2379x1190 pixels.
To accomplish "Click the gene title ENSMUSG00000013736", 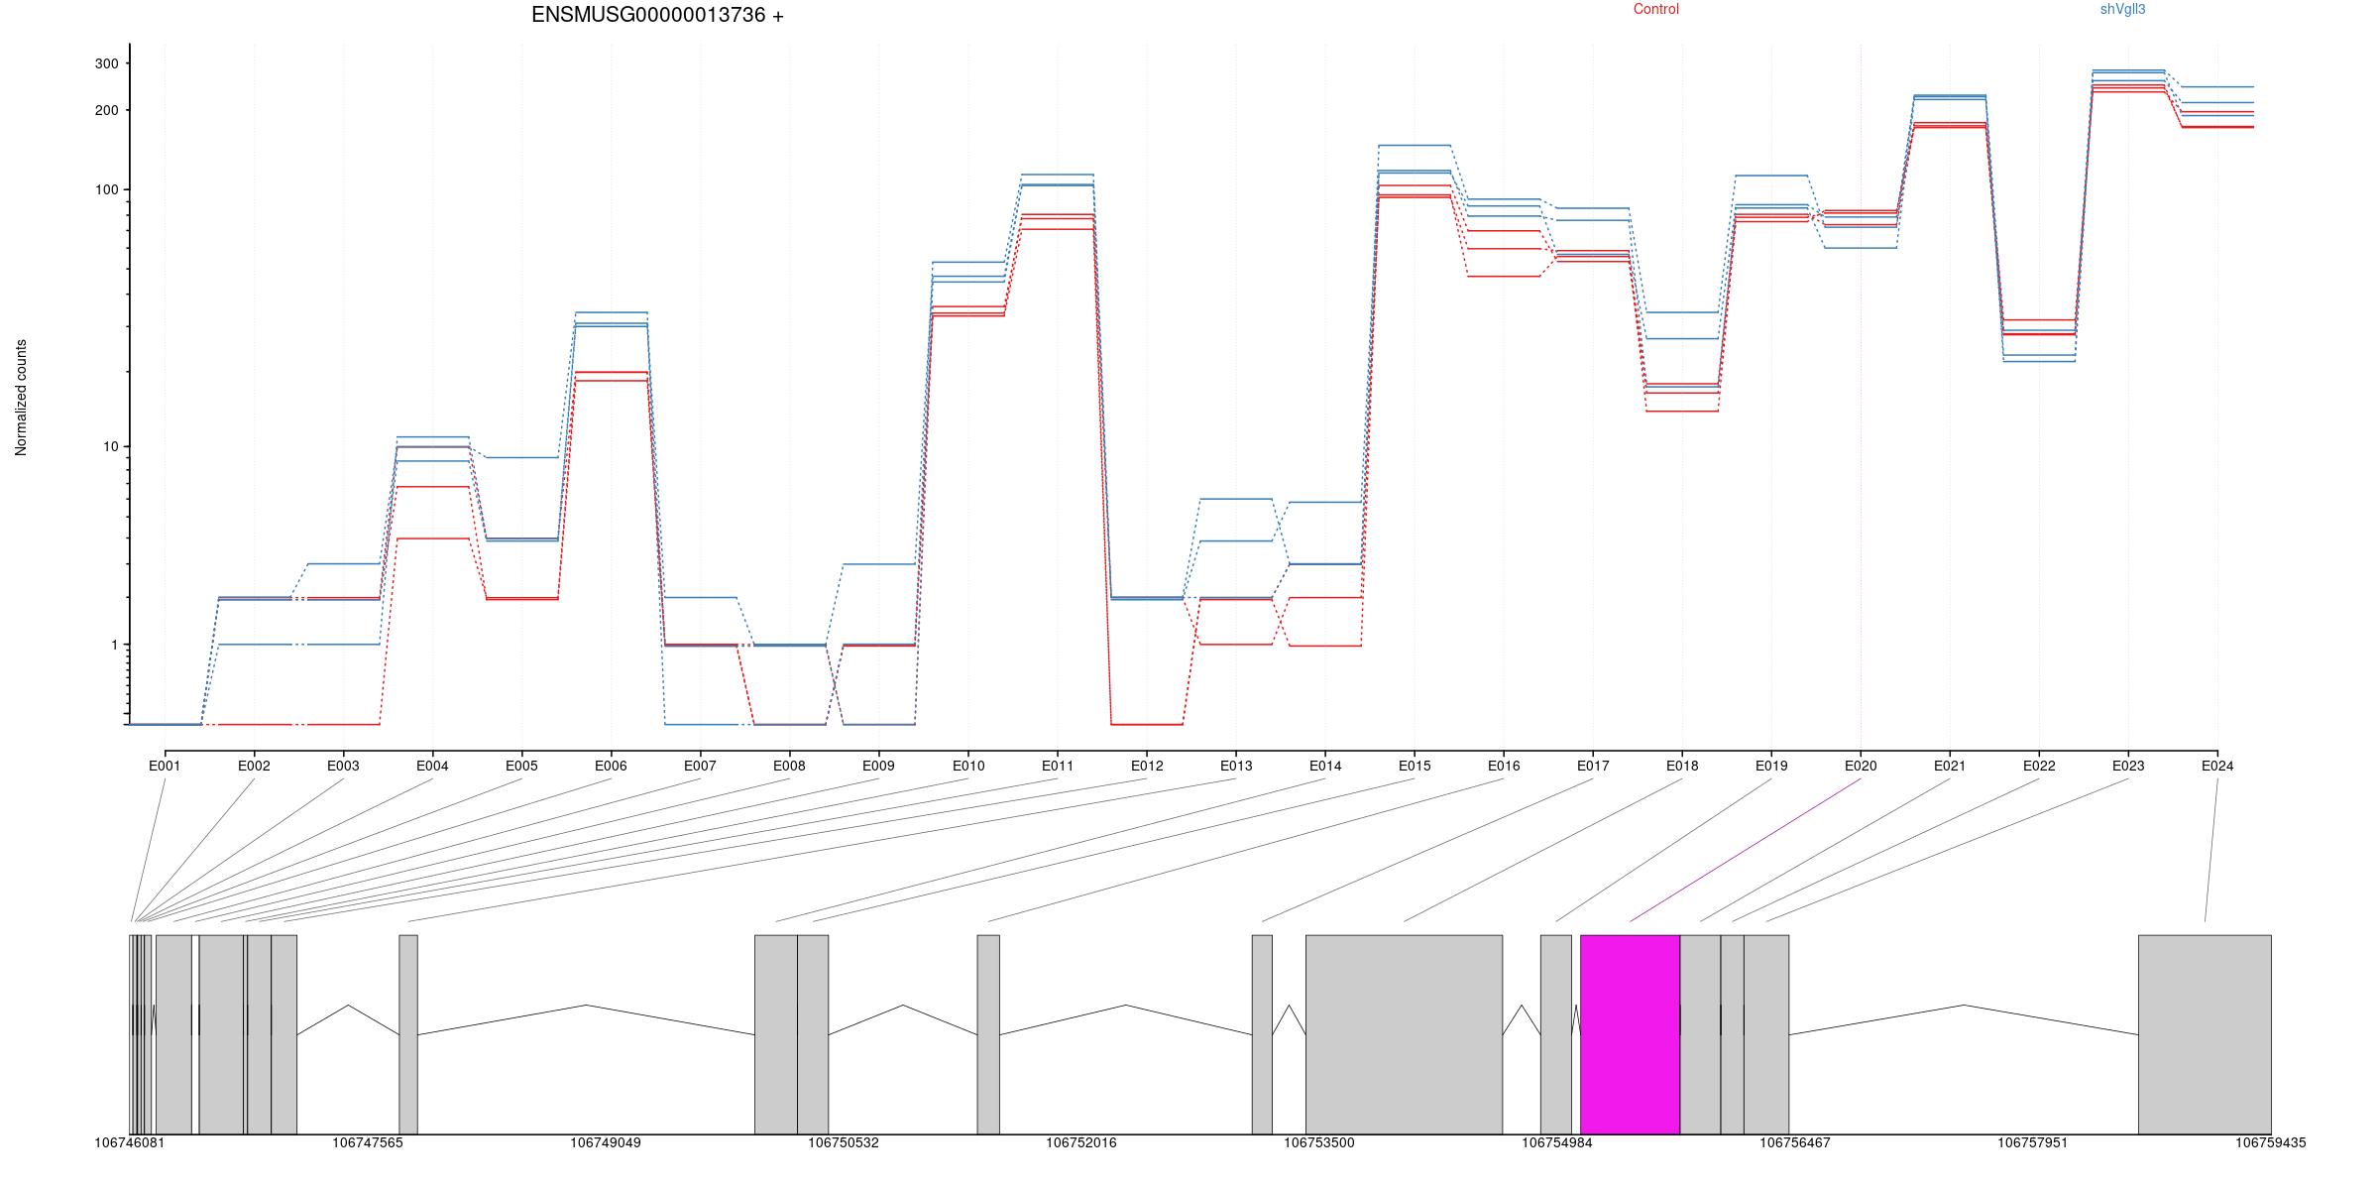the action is coord(648,15).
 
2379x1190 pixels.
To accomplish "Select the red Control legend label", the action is coord(1656,9).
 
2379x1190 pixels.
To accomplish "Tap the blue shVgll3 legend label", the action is coord(2122,9).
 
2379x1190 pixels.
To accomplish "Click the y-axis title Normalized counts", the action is coord(21,398).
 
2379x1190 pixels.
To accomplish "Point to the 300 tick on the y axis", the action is coord(106,63).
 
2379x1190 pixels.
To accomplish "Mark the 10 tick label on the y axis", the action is coord(110,446).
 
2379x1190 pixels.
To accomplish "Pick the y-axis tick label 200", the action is coord(106,110).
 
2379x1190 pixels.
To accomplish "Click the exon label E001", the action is coord(165,766).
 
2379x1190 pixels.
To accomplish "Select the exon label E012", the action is coord(1147,766).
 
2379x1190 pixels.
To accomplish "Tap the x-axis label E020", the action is coord(1861,766).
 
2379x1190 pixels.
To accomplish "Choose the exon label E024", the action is coord(2217,766).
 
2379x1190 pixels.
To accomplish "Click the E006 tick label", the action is coord(611,766).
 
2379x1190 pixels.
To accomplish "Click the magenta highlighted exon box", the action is coord(1630,1034).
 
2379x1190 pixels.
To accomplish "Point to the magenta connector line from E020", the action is coord(1746,850).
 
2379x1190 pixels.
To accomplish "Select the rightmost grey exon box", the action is coord(2205,1034).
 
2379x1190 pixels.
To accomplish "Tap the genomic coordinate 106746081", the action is coord(130,1142).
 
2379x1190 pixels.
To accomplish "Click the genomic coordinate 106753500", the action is coord(1319,1142).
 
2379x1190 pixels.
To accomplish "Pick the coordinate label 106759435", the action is coord(2271,1142).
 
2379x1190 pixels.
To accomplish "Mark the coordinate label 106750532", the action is coord(844,1142).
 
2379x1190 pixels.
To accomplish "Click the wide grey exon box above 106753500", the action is coord(1404,1034).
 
